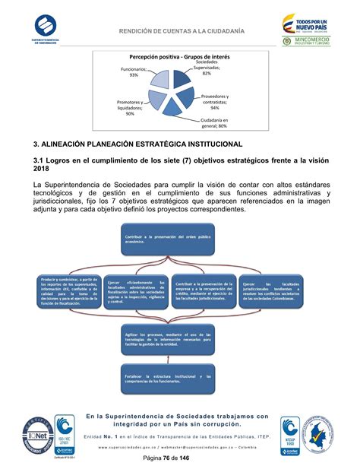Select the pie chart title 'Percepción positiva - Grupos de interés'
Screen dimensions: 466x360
[x=179, y=58]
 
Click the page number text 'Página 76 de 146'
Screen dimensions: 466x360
[x=179, y=458]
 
